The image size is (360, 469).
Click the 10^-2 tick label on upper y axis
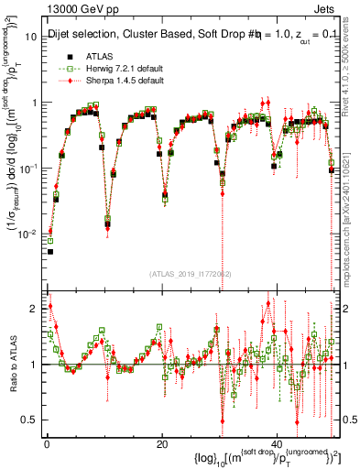click(29, 234)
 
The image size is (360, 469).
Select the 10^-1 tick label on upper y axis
click(29, 169)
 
